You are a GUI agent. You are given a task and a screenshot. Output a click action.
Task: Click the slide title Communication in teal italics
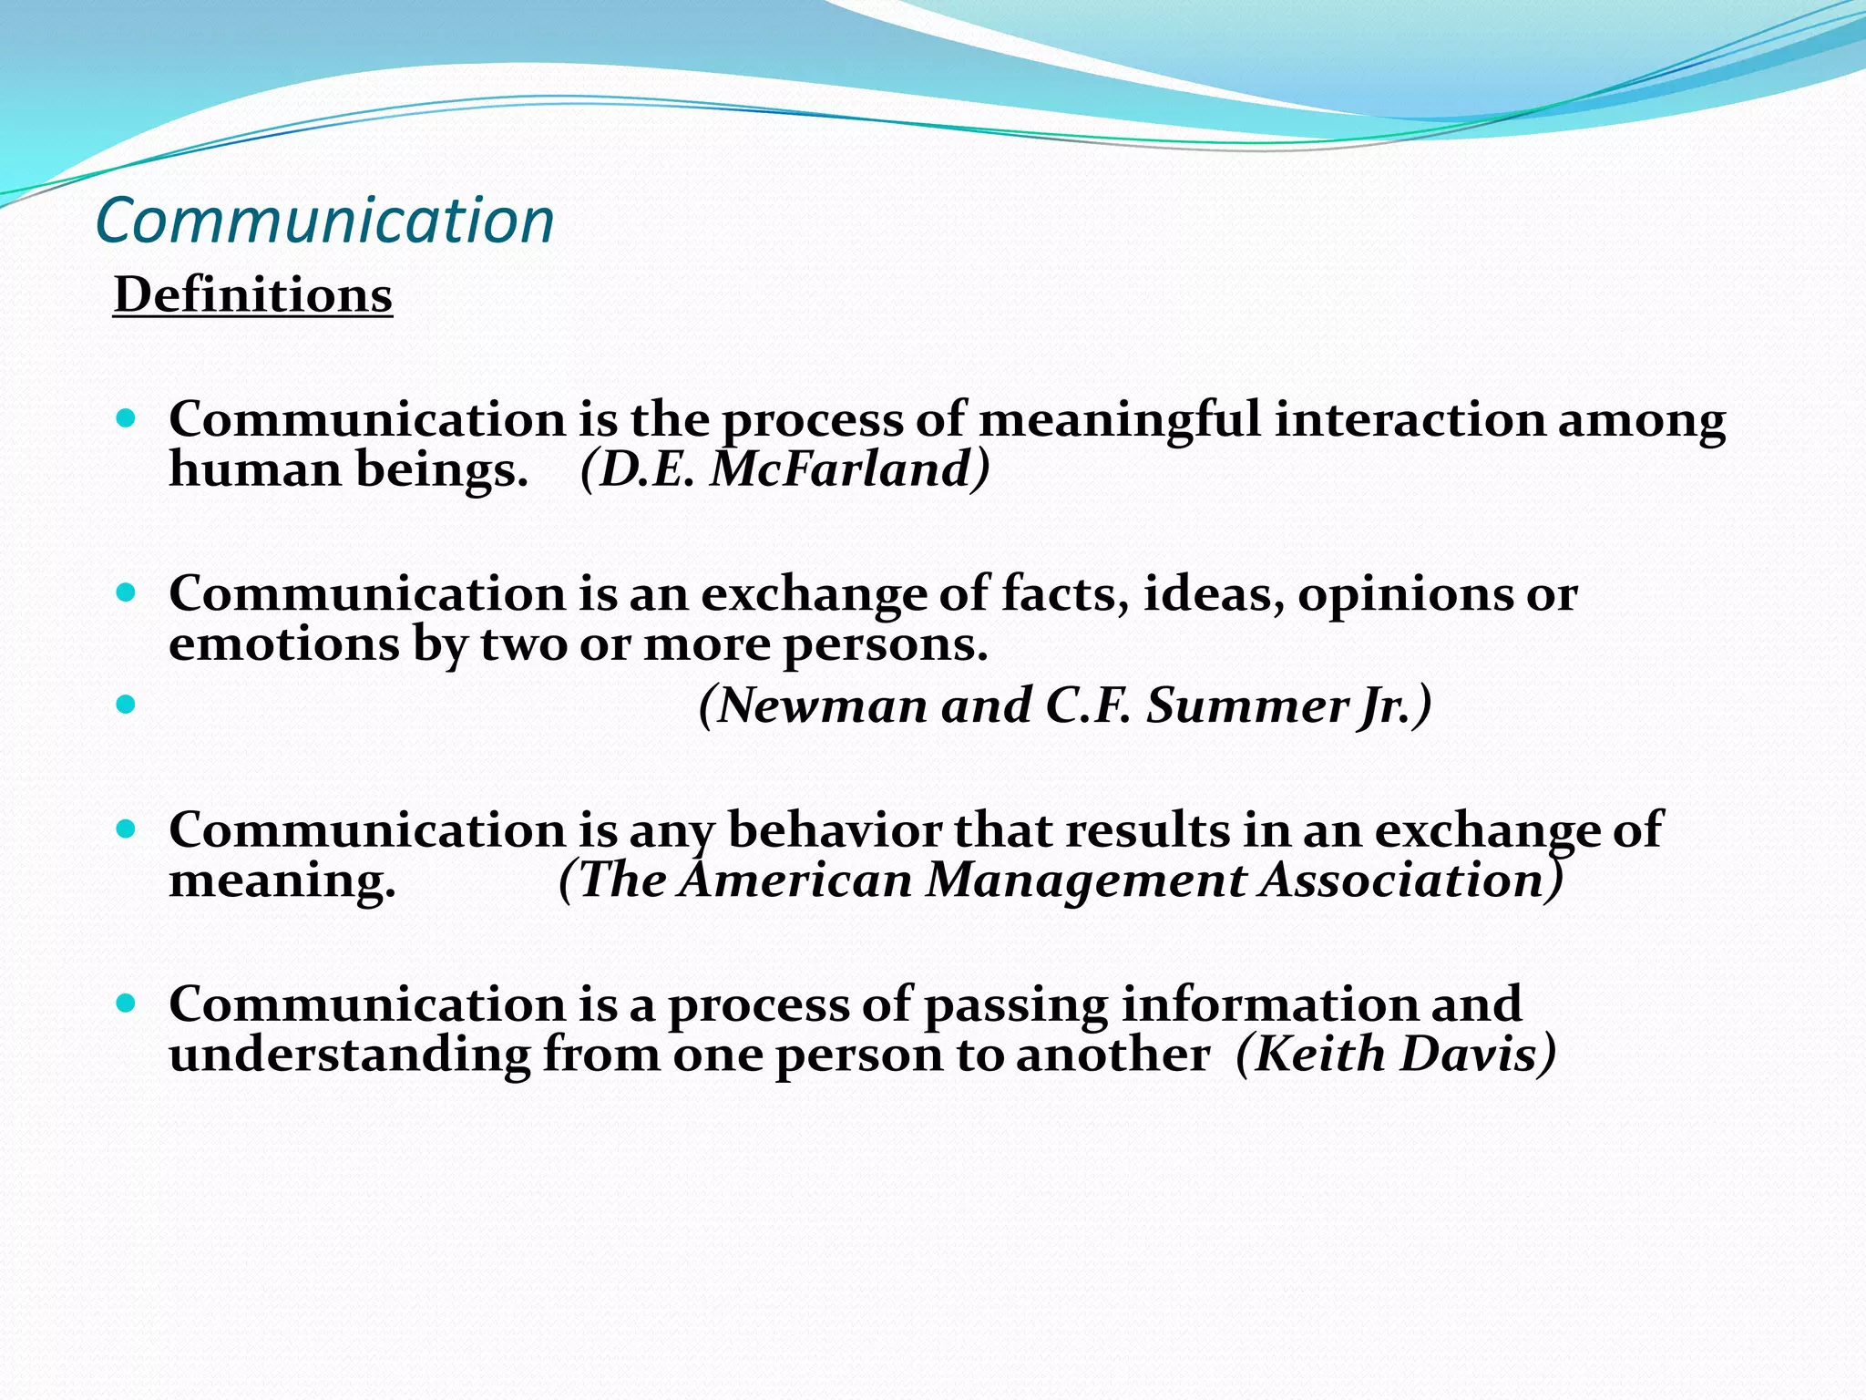(x=324, y=221)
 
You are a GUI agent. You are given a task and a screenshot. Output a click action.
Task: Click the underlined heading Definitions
(x=252, y=296)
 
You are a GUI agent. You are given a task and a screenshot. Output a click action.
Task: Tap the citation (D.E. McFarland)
(x=784, y=470)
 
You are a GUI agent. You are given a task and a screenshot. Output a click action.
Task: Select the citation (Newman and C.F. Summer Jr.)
(x=1064, y=706)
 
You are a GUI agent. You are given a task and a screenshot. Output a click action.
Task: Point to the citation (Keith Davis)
(x=1396, y=1055)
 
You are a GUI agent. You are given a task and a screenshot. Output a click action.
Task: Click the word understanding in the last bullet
(x=350, y=1055)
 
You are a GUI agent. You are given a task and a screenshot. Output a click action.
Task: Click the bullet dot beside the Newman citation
(x=127, y=704)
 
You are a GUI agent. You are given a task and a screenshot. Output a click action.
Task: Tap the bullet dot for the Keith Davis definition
(x=127, y=1004)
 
